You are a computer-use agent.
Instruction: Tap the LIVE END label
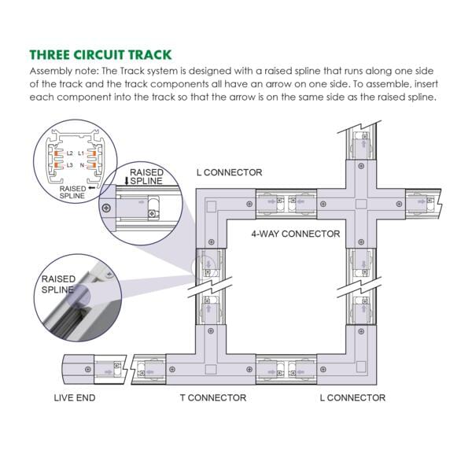point(75,398)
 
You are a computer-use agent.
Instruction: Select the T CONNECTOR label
point(212,398)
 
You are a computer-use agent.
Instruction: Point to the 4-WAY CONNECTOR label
point(295,234)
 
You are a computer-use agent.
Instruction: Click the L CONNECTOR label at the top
point(229,172)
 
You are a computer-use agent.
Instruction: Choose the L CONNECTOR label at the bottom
point(352,398)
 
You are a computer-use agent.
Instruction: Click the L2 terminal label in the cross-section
point(70,153)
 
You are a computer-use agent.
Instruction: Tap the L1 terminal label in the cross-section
point(92,153)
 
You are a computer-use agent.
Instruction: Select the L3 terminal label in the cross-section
point(70,165)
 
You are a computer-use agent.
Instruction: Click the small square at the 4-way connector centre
point(360,202)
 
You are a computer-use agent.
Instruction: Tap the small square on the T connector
point(208,368)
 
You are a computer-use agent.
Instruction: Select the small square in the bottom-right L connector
point(360,367)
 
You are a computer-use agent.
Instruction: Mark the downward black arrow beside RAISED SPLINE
point(126,180)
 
